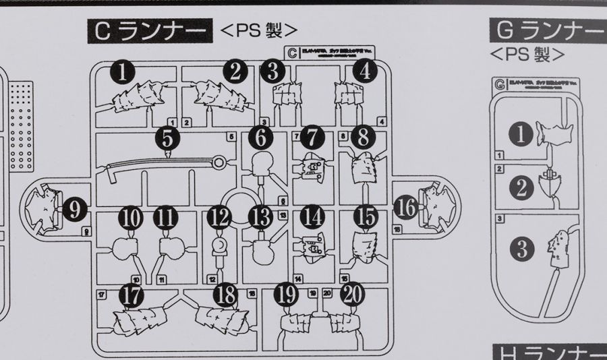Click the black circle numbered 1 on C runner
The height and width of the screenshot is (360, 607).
tap(123, 72)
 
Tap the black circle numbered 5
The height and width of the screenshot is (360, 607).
tap(167, 138)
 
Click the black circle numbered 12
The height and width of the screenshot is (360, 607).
tap(220, 217)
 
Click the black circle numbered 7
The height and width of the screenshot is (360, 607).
tap(312, 138)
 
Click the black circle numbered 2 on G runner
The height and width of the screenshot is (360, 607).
tap(521, 187)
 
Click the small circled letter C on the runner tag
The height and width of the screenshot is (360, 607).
tap(292, 51)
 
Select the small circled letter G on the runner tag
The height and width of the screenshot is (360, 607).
tap(500, 86)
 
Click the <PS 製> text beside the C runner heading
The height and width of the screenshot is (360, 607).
tap(259, 30)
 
